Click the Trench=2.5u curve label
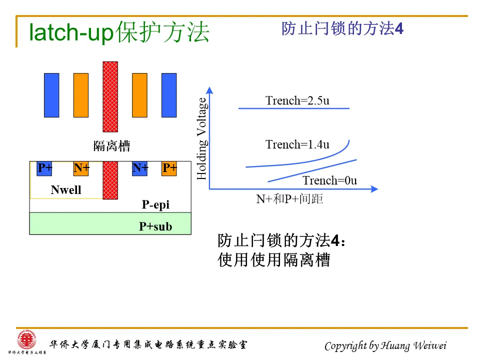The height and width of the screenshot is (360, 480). (x=297, y=100)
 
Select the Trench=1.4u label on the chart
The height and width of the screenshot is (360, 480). (x=297, y=144)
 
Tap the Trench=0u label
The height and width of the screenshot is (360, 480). (x=329, y=180)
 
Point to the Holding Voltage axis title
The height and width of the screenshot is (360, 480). (x=201, y=139)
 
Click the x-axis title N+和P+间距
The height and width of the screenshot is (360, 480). (x=289, y=199)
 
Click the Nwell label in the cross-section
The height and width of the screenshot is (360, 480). (x=66, y=190)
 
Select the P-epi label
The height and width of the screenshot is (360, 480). (x=155, y=204)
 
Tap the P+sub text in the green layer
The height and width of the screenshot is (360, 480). (x=155, y=226)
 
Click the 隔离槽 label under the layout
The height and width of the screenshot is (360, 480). (x=111, y=146)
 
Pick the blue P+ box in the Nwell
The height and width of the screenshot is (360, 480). (x=44, y=168)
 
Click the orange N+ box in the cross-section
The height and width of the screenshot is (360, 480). (x=81, y=168)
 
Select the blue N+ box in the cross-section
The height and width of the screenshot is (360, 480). (x=139, y=168)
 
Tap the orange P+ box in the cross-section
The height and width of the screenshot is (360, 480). (x=169, y=168)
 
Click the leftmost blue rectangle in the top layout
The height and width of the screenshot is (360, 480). (x=51, y=95)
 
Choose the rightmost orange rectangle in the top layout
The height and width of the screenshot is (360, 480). (x=139, y=95)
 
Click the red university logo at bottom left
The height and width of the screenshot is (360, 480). (x=23, y=341)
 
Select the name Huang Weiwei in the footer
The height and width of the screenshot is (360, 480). (x=413, y=345)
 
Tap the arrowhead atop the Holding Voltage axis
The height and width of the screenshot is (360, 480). (x=209, y=90)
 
